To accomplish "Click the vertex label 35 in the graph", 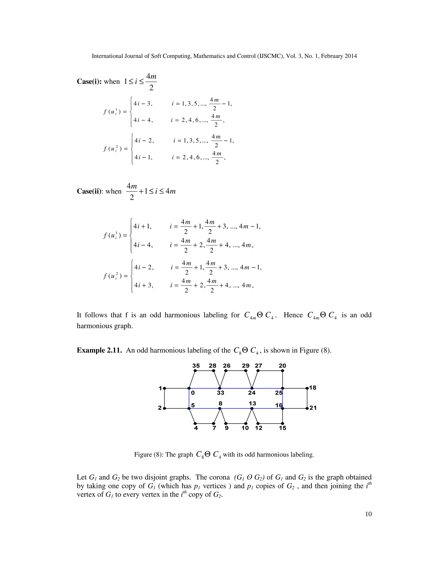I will pyautogui.click(x=196, y=366).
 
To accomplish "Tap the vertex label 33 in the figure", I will pyautogui.click(x=220, y=393).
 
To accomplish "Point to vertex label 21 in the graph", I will pyautogui.click(x=313, y=408).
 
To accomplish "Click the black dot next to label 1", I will pyautogui.click(x=164, y=388).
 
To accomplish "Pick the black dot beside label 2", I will pyautogui.click(x=164, y=409).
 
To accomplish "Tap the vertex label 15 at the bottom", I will pyautogui.click(x=282, y=428).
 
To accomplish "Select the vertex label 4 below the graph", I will pyautogui.click(x=196, y=428).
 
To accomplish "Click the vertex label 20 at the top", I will pyautogui.click(x=282, y=366).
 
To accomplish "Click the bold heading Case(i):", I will pyautogui.click(x=89, y=82).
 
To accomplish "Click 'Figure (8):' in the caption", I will pyautogui.click(x=150, y=455).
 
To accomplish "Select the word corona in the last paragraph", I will pyautogui.click(x=219, y=477).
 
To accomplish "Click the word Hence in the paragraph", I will pyautogui.click(x=293, y=315).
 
